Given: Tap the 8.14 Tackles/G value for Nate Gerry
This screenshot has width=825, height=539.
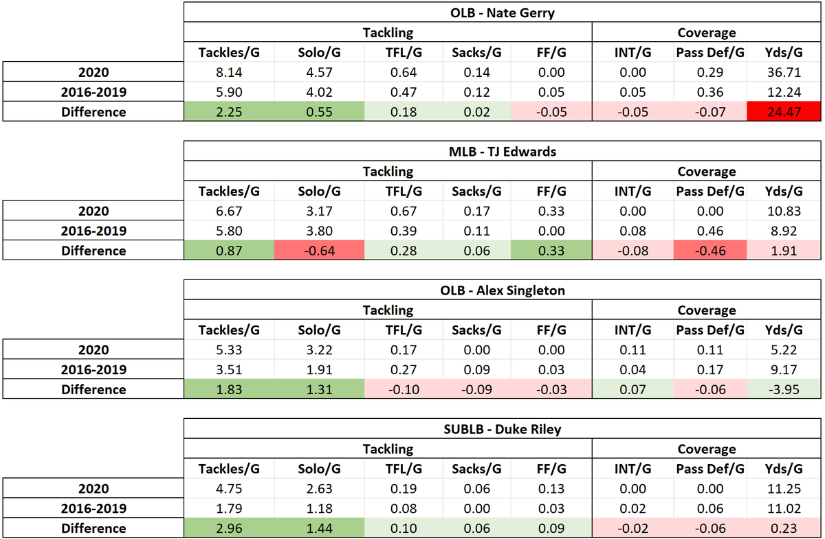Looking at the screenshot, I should [229, 72].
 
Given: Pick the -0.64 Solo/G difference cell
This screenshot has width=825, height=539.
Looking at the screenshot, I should [318, 251].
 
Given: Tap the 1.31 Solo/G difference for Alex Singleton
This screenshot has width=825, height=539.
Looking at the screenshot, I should [318, 389].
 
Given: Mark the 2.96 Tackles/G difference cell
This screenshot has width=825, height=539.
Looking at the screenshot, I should [229, 528].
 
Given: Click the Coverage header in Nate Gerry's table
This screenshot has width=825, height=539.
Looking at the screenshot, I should [706, 32].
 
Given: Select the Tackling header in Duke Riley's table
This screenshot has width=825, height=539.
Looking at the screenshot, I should [388, 449].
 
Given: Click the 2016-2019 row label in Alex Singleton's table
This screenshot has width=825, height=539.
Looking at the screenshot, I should [93, 369].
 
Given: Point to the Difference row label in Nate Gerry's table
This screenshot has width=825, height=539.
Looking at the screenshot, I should [93, 112].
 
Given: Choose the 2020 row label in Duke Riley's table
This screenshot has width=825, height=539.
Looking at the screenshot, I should [93, 488].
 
